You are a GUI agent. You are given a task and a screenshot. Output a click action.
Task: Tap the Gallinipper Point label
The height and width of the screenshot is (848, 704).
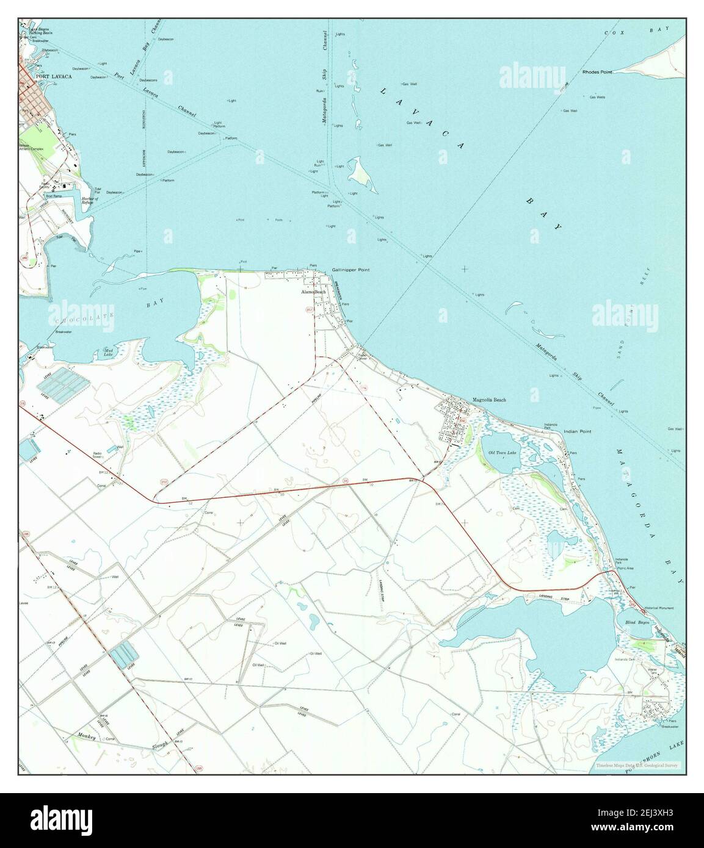(x=351, y=270)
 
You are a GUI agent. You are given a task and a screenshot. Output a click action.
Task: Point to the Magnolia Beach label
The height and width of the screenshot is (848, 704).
(x=489, y=400)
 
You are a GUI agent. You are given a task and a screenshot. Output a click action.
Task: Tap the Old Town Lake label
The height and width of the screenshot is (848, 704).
(x=503, y=452)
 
